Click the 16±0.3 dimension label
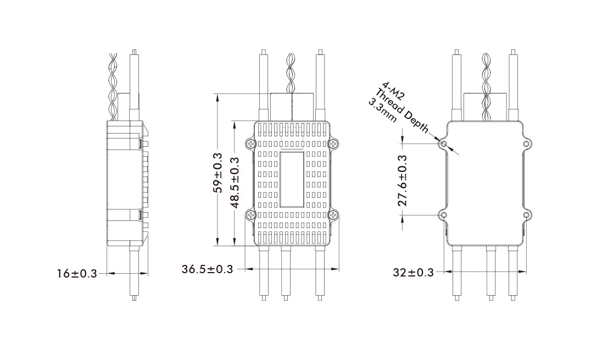pos(77,273)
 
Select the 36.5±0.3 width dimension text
pos(207,269)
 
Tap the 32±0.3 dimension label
pos(414,272)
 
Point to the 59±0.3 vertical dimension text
pos(218,173)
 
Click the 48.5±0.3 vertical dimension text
pos(235,182)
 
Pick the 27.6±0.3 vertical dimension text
pos(403,180)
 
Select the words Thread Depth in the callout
pos(402,111)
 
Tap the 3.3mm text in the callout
pos(382,110)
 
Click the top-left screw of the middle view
pos(250,144)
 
